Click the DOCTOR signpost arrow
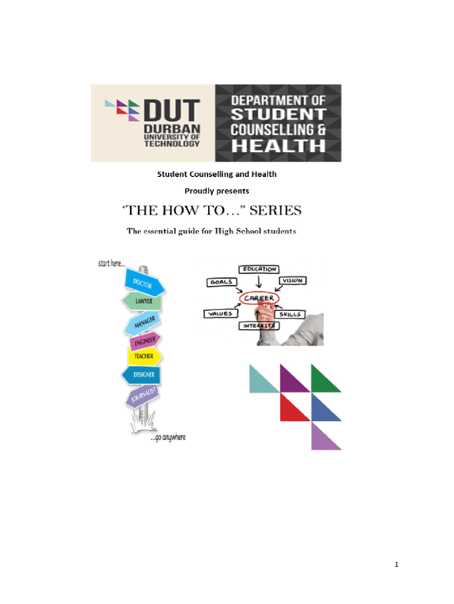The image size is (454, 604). click(x=143, y=283)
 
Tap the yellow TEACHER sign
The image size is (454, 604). click(x=143, y=356)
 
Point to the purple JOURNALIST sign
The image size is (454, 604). click(x=143, y=397)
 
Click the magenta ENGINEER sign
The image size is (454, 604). click(x=144, y=341)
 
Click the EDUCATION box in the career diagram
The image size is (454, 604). click(x=258, y=269)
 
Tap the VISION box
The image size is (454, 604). click(x=292, y=281)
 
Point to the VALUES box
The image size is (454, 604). click(x=218, y=314)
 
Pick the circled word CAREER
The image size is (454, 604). click(x=259, y=298)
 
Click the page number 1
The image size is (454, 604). click(x=397, y=565)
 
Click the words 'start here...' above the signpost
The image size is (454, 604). click(x=115, y=264)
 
